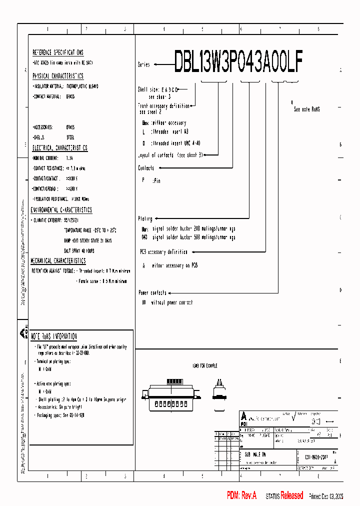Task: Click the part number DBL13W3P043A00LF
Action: (x=238, y=62)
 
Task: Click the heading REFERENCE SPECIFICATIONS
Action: (x=58, y=52)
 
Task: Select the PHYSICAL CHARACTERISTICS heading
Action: (x=58, y=76)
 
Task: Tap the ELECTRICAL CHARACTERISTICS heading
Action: (x=60, y=148)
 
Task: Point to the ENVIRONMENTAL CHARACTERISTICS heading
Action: (x=61, y=210)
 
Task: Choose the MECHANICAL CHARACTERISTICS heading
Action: (x=58, y=261)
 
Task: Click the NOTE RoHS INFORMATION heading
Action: (x=54, y=336)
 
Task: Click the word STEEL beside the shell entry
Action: (x=70, y=136)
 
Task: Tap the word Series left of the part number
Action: (x=144, y=65)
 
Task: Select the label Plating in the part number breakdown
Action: (x=145, y=219)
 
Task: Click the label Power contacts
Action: (x=152, y=292)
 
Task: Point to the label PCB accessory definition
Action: (x=163, y=252)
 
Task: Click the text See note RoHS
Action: (x=306, y=109)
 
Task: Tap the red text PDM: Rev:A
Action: (x=241, y=495)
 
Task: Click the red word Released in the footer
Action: (x=291, y=495)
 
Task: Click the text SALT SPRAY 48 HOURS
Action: (x=79, y=250)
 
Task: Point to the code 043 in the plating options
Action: (x=144, y=237)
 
